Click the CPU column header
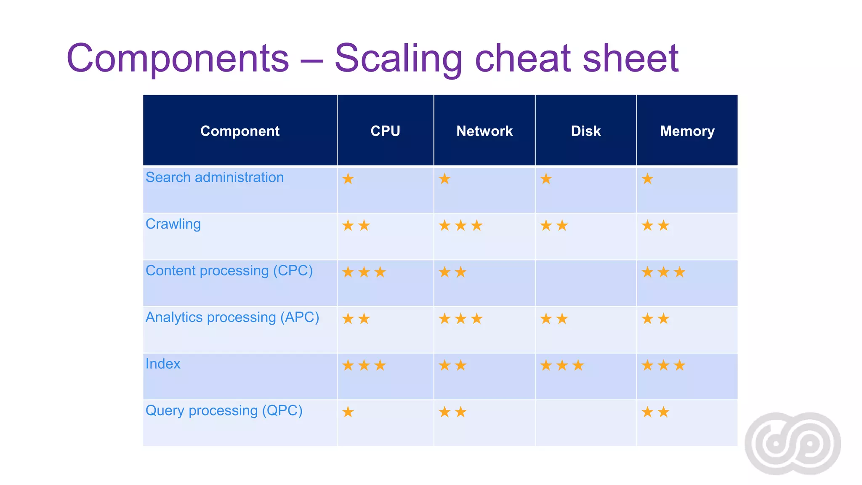[385, 131]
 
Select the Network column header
[484, 131]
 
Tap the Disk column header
[585, 131]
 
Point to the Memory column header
[687, 131]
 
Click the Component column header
[240, 131]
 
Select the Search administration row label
[215, 178]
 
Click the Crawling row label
[173, 224]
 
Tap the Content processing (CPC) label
[229, 271]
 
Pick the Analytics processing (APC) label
[232, 317]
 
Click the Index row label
[163, 364]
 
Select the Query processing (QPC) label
[224, 410]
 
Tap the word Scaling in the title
[398, 59]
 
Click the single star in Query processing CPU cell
[348, 412]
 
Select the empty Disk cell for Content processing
[585, 283]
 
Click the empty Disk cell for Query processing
[585, 423]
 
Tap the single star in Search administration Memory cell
[647, 179]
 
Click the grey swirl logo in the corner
[793, 443]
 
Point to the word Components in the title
[178, 59]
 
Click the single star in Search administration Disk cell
[546, 179]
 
